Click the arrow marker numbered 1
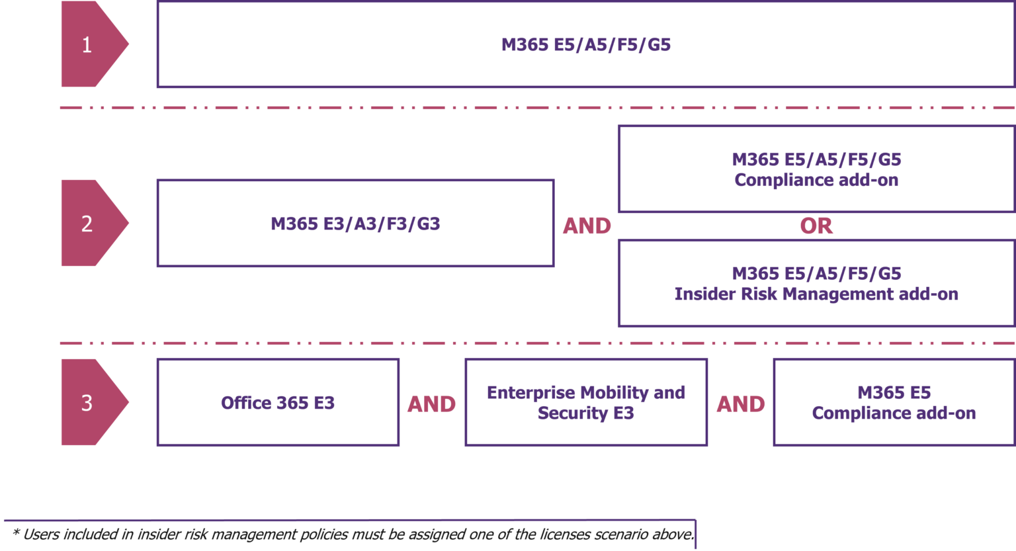coord(89,44)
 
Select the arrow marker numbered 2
coord(89,224)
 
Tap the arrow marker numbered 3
coord(89,403)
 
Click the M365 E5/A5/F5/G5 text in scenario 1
coord(585,44)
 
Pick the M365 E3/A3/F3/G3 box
coord(355,224)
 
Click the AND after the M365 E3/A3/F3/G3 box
coord(586,226)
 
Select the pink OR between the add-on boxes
coord(816,226)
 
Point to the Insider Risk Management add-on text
coord(816,294)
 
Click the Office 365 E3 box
coord(278,403)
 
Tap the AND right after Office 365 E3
coord(431,404)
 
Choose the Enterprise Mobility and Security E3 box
coord(586,403)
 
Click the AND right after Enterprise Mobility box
coord(741,404)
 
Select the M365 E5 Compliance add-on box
coord(894,403)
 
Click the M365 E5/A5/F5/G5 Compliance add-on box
coord(816,169)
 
